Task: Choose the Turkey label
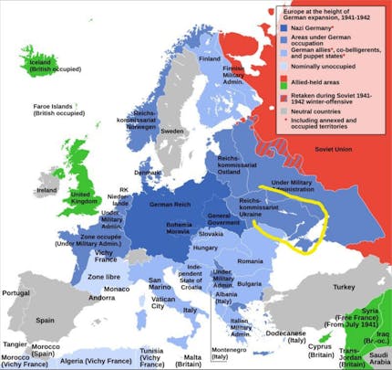pyautogui.click(x=344, y=287)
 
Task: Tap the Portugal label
pyautogui.click(x=18, y=293)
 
